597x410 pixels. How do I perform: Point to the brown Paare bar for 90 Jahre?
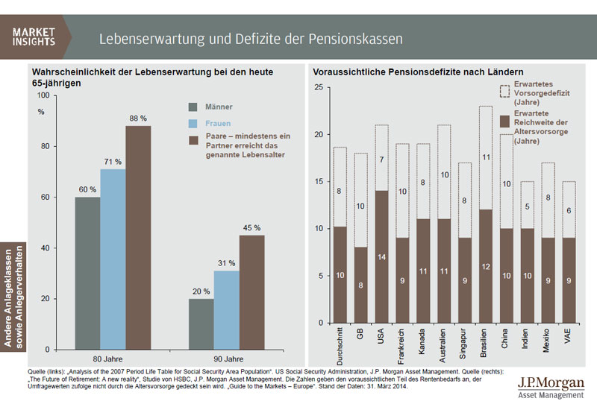point(252,292)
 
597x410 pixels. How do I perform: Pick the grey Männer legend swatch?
point(193,107)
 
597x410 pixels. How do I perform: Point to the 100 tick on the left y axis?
point(42,95)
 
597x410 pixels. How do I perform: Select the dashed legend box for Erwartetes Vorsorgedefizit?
point(504,91)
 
